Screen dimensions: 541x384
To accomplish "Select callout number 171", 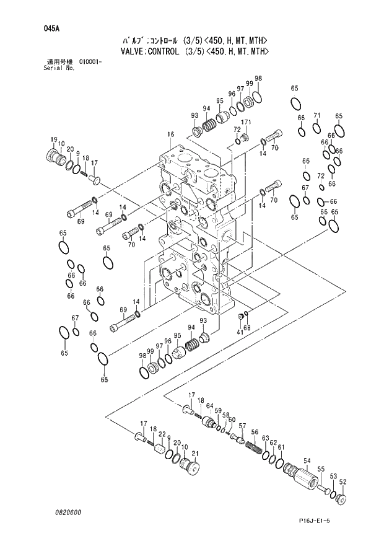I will tap(246, 122).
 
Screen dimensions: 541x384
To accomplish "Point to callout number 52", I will tap(343, 482).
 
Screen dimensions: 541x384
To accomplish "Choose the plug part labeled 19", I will tap(56, 156).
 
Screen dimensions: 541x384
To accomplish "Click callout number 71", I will tap(316, 116).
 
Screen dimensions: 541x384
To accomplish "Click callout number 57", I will tap(242, 426).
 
